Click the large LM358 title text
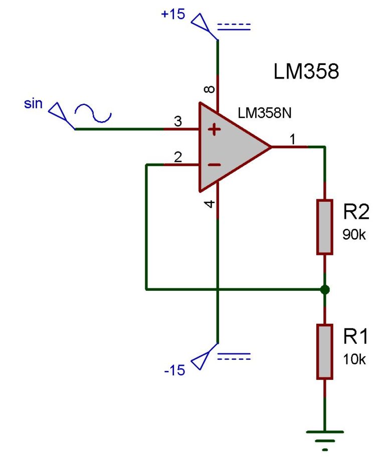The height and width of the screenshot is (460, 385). [x=306, y=72]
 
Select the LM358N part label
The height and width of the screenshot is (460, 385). [x=265, y=113]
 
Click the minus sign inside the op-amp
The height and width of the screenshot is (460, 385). [x=215, y=165]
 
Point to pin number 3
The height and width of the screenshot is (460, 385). [x=177, y=121]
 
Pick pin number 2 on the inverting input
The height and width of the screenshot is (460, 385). [x=177, y=157]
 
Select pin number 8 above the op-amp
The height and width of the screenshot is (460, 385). [x=210, y=90]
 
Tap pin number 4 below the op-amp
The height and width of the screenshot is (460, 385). [x=210, y=204]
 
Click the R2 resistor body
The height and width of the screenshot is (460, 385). [x=325, y=227]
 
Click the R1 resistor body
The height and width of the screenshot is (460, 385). [x=325, y=351]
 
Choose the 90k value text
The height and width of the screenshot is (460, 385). [x=354, y=234]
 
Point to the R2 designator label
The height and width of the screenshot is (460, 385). [x=356, y=212]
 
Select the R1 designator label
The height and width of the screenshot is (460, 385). [x=355, y=337]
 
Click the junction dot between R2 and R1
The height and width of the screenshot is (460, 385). [x=325, y=289]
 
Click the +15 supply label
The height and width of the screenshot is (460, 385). [x=173, y=14]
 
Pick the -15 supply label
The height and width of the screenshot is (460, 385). [x=174, y=370]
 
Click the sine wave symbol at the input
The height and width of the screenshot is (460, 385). [x=93, y=114]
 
